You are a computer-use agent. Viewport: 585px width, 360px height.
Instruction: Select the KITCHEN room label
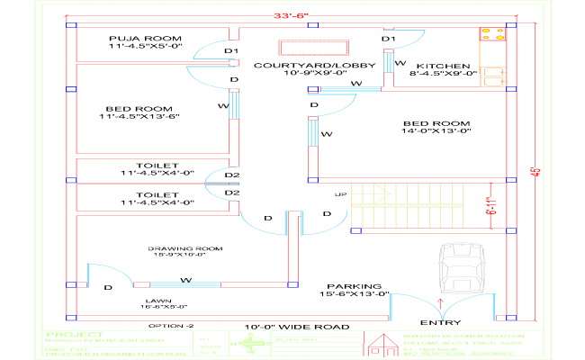(443, 67)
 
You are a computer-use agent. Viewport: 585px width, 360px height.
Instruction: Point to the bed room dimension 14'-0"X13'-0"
(437, 131)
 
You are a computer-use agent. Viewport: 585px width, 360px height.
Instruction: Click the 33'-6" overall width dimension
(292, 15)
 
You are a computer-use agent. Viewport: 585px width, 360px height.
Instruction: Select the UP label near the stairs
(341, 194)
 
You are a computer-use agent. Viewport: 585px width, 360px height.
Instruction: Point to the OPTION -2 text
(171, 325)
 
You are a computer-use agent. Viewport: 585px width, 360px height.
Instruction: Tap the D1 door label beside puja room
(231, 51)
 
